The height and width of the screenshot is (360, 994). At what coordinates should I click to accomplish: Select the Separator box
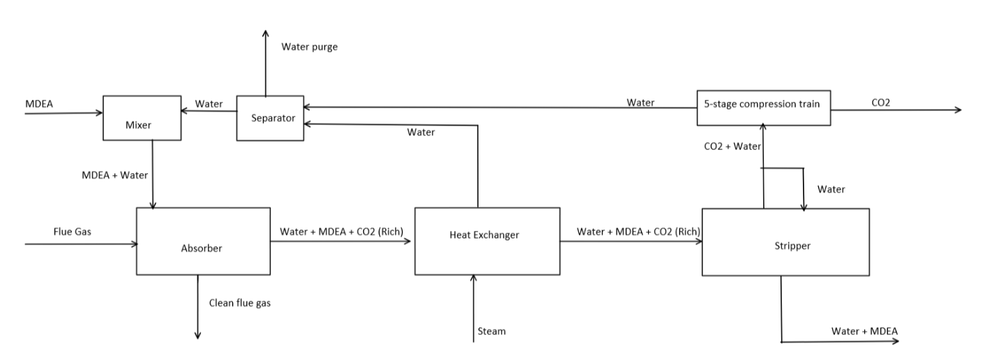(269, 118)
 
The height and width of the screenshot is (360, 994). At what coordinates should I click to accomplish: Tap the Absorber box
(203, 241)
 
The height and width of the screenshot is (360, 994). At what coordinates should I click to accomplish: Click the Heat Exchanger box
(486, 241)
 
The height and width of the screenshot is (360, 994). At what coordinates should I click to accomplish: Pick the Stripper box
(785, 241)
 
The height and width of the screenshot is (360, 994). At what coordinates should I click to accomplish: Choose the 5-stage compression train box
(764, 107)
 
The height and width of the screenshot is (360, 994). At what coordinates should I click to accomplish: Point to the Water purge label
(309, 47)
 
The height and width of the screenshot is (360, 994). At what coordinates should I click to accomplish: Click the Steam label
(492, 331)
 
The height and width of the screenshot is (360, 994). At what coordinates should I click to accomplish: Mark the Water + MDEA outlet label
(864, 330)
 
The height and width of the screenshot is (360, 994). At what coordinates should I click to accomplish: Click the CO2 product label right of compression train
(880, 102)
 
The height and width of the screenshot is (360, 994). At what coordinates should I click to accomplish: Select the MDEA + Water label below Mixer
(115, 174)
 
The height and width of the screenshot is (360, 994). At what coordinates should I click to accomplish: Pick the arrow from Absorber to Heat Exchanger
(342, 241)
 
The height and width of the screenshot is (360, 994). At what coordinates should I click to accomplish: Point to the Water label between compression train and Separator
(640, 103)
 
